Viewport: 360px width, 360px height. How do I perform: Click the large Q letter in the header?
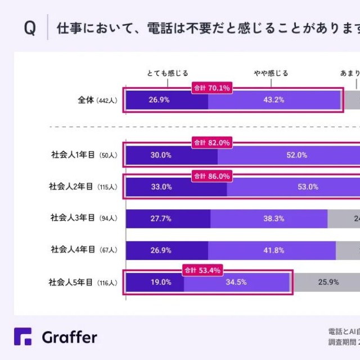coord(29,29)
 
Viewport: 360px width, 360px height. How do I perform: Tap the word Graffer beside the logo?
coord(69,337)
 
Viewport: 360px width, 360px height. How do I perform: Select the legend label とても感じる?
coord(168,73)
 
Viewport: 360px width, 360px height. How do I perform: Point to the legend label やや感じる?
coord(271,73)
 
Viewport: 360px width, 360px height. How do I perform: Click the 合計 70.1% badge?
coord(211,88)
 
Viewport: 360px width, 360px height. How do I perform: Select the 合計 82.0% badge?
coord(211,143)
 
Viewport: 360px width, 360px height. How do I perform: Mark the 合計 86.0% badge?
coord(211,176)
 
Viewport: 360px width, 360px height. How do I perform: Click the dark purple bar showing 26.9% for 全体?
coord(166,100)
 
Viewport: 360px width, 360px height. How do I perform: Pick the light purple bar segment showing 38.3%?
coord(269,218)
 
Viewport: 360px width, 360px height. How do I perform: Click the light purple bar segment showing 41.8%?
coord(272,250)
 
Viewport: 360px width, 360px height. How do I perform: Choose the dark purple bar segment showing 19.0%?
coord(155,282)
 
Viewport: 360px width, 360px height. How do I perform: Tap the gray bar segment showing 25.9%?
coord(327,282)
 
